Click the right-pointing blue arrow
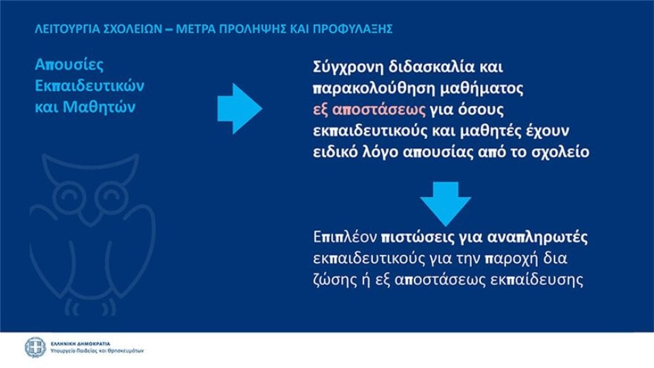239,108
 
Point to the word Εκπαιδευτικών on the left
89,86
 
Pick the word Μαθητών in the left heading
100,107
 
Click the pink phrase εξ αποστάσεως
369,110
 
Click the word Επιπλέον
345,237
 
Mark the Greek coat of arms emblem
35,348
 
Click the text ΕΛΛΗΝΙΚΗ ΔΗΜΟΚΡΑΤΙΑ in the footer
80,344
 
